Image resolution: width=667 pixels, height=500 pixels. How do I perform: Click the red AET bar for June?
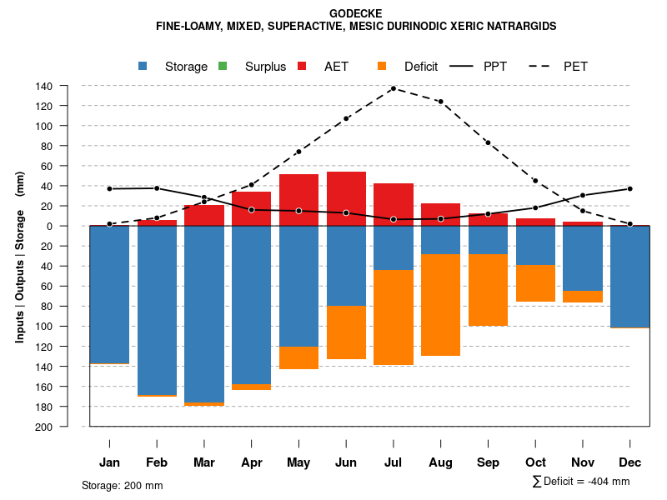(x=346, y=198)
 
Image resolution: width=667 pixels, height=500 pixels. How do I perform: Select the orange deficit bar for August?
(x=440, y=305)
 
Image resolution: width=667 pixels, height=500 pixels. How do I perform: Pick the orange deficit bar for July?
(x=394, y=317)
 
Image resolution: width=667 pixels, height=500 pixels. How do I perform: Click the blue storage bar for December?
(x=630, y=277)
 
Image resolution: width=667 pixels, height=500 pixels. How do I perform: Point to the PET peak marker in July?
(x=394, y=88)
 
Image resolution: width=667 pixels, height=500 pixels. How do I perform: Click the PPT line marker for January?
(x=109, y=188)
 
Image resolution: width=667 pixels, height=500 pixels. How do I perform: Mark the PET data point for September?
(x=488, y=142)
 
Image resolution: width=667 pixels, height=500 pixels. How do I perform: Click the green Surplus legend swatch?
(x=223, y=67)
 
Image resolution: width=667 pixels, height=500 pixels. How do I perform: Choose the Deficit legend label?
(x=421, y=67)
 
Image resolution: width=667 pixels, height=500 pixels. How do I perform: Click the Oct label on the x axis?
(x=535, y=462)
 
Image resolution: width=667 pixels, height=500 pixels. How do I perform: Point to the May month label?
(x=298, y=462)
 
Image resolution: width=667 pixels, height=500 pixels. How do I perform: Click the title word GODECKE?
(x=356, y=14)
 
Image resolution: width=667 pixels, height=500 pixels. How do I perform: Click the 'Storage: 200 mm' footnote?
(x=123, y=485)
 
